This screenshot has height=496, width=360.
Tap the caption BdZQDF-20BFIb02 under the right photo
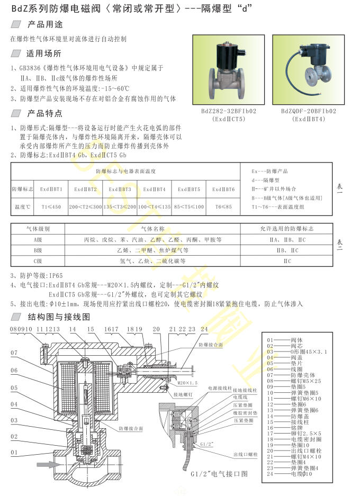(x=309, y=112)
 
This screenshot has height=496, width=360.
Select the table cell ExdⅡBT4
(x=154, y=189)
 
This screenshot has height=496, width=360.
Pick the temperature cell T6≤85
(x=223, y=206)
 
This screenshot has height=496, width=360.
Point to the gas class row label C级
(x=38, y=261)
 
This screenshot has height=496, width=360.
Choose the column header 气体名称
(x=152, y=229)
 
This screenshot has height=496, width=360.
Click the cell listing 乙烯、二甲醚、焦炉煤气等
(x=152, y=250)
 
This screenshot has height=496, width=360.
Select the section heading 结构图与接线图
(x=59, y=317)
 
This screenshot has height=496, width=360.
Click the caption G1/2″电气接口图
(x=219, y=474)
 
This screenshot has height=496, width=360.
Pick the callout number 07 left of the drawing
(x=14, y=353)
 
